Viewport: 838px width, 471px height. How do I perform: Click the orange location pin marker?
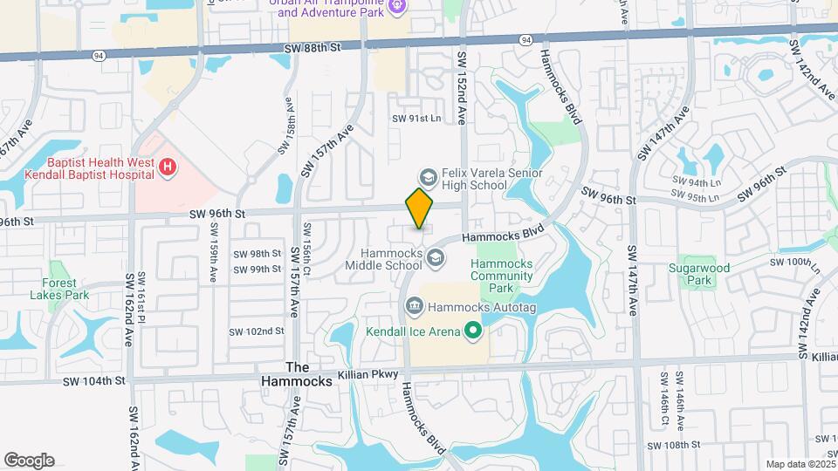pyautogui.click(x=420, y=208)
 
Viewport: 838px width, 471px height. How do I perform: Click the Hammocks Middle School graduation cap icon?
pyautogui.click(x=434, y=257)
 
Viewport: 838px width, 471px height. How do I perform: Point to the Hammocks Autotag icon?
pyautogui.click(x=414, y=306)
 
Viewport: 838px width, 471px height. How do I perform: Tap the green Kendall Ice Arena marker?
pyautogui.click(x=473, y=331)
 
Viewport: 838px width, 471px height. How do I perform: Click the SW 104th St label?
pyautogui.click(x=94, y=381)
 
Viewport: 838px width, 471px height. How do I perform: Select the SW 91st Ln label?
pyautogui.click(x=417, y=118)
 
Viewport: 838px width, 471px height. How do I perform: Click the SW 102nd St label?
pyautogui.click(x=257, y=331)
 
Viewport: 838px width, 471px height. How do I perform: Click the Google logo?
pyautogui.click(x=29, y=461)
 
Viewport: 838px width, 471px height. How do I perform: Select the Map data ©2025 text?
pyautogui.click(x=799, y=464)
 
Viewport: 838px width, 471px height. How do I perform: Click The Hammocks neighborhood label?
pyautogui.click(x=297, y=374)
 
